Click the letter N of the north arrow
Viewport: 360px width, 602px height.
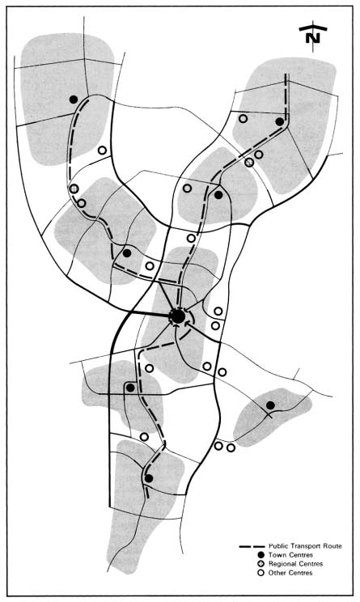click(313, 38)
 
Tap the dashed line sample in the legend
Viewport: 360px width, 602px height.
click(252, 546)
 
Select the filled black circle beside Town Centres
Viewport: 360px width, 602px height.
click(261, 555)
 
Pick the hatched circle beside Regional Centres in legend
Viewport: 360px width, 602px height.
click(261, 564)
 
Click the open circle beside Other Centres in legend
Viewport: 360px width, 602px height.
click(261, 573)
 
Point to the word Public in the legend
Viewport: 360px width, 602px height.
click(277, 545)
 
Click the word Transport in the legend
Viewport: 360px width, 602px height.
click(305, 546)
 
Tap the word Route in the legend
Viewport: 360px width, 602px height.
click(333, 545)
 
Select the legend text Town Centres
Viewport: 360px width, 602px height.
click(290, 555)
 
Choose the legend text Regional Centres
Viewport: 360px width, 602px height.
click(295, 564)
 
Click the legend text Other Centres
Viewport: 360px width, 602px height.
click(290, 573)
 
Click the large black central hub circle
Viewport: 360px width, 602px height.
click(178, 316)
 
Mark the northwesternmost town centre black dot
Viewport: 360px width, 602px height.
click(74, 100)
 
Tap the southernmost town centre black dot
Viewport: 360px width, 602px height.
click(149, 478)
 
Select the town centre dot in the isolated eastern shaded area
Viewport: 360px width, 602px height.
click(270, 405)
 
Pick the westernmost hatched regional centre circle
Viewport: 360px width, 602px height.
click(74, 189)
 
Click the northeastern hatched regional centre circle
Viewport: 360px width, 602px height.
click(249, 163)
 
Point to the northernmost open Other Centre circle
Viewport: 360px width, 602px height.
click(243, 119)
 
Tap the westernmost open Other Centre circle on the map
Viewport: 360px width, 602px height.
click(82, 203)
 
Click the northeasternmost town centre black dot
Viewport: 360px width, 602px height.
click(280, 121)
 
